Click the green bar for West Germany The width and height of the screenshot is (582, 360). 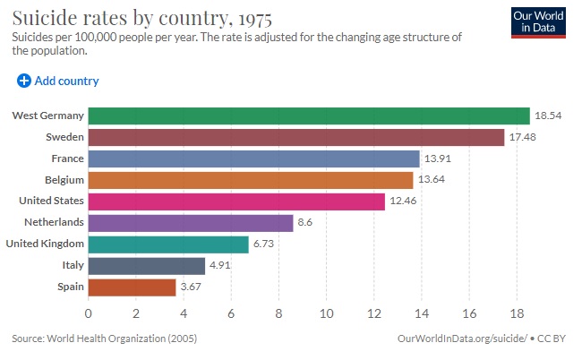tap(309, 116)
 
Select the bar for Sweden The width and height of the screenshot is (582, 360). tap(296, 137)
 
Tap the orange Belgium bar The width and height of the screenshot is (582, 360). tap(251, 180)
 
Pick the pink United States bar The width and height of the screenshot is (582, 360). tap(236, 201)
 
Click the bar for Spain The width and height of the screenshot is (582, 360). tap(132, 287)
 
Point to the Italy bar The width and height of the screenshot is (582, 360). tap(146, 266)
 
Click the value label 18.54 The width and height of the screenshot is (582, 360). tap(548, 116)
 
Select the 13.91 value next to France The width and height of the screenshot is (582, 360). tap(438, 159)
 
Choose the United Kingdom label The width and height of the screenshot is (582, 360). tap(45, 244)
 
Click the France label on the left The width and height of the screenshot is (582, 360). tap(67, 159)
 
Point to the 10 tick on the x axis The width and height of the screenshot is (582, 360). tap(326, 313)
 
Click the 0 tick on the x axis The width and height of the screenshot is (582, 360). tap(88, 313)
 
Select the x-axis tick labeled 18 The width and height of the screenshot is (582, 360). tap(517, 313)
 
